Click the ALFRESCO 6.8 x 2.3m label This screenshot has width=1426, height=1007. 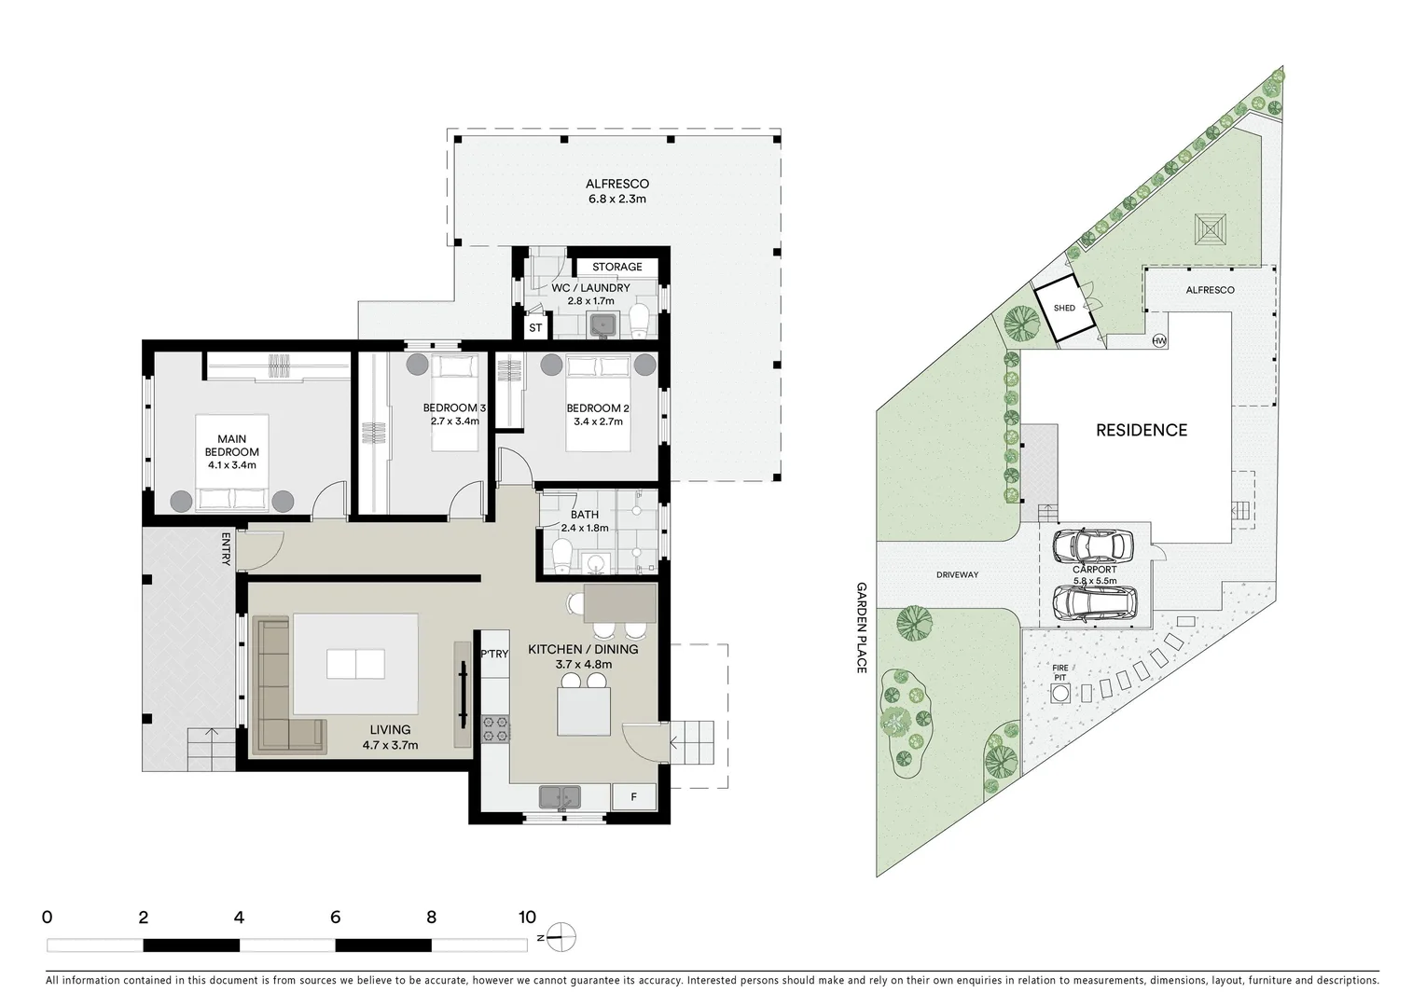click(x=616, y=191)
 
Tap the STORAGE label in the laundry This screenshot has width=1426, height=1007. click(x=616, y=267)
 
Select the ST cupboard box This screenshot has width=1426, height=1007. click(x=535, y=328)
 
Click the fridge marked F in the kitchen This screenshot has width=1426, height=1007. click(x=634, y=797)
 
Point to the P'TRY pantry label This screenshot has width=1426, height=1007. click(x=494, y=654)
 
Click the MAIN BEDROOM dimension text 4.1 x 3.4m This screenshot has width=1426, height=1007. click(x=231, y=464)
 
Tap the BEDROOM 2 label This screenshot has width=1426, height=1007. click(x=598, y=408)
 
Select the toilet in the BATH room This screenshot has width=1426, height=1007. click(x=562, y=557)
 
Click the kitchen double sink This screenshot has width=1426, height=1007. click(x=560, y=797)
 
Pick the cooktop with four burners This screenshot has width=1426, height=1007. click(x=495, y=728)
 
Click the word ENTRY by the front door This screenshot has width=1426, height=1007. click(x=226, y=548)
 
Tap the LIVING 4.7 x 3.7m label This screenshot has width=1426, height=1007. click(x=390, y=737)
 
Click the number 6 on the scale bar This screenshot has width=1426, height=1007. click(x=335, y=917)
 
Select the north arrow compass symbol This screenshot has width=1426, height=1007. click(x=561, y=937)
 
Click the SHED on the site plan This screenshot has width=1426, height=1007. click(x=1065, y=309)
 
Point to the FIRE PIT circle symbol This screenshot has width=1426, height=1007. click(x=1060, y=694)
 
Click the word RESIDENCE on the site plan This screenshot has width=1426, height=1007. click(x=1141, y=430)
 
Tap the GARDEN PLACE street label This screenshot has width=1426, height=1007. click(x=862, y=628)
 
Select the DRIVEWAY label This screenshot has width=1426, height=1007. click(x=957, y=574)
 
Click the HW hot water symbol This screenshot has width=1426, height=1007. click(x=1159, y=340)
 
